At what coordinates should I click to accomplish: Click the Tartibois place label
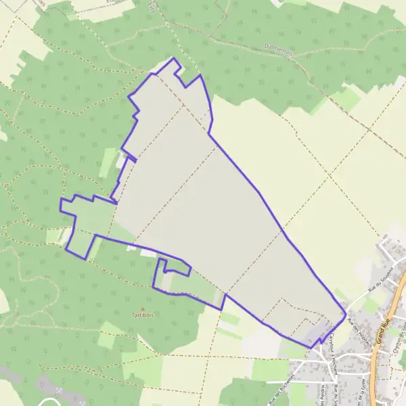pyautogui.click(x=143, y=315)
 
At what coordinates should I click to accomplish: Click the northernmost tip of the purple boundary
pyautogui.click(x=175, y=58)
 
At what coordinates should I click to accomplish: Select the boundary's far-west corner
pyautogui.click(x=60, y=201)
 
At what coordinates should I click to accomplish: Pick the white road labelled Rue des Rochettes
pyautogui.click(x=291, y=379)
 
